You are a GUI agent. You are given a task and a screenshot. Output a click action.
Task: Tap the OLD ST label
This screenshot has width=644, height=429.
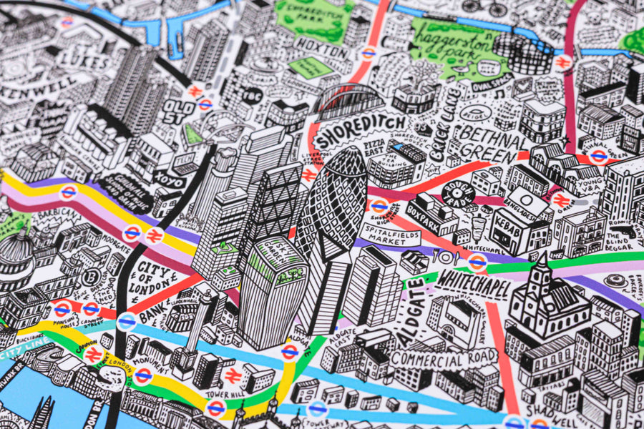(178, 111)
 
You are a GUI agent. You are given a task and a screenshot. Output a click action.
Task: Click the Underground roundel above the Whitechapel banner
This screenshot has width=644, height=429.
(477, 262)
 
